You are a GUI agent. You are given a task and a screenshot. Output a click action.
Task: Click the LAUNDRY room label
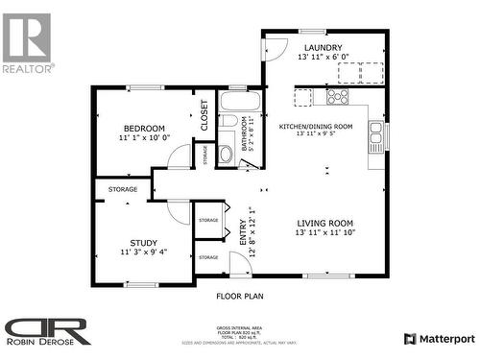coord(324,47)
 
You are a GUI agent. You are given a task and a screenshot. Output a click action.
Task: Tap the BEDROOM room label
coord(144,129)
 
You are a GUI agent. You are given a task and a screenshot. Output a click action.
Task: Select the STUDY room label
coord(144,243)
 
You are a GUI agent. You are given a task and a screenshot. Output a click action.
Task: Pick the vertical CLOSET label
coord(204,115)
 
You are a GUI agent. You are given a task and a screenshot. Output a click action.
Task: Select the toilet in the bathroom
coord(226,153)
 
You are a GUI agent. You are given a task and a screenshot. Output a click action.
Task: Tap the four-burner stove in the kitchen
coord(338,96)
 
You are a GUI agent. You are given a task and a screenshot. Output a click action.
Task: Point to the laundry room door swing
coord(276,46)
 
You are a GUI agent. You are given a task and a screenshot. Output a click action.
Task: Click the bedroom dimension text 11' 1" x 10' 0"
coord(144,138)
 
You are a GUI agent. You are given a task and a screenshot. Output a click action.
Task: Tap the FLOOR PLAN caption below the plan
coord(239,297)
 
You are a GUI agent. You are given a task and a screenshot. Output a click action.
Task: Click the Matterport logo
coord(439,338)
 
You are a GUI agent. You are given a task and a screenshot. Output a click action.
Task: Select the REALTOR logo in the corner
coord(27,42)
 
